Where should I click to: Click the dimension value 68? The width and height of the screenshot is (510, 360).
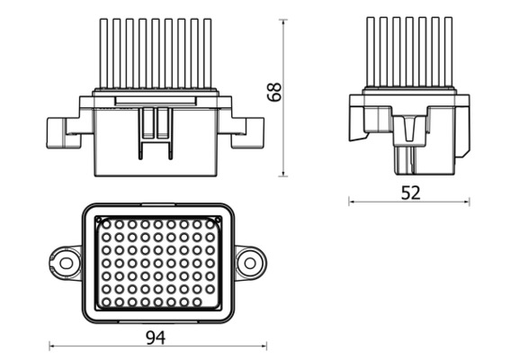(x=275, y=92)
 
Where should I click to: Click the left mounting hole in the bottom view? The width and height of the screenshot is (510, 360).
(x=66, y=263)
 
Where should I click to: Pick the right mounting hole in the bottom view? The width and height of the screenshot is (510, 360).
(x=250, y=263)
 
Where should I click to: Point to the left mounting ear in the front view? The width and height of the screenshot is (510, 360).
(x=62, y=131)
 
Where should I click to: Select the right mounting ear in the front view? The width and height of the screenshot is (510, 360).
(x=248, y=131)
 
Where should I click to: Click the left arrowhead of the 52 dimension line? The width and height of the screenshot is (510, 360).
(x=352, y=202)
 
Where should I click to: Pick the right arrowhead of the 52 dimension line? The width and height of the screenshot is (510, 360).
(x=470, y=202)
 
